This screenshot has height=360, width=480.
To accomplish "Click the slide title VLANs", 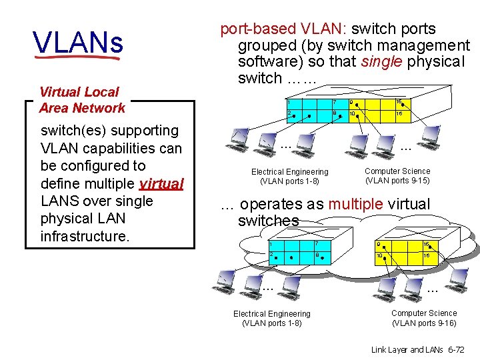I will [78, 43].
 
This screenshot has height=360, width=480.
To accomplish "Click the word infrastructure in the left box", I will [84, 236].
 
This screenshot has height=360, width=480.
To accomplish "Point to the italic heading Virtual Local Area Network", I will [81, 100].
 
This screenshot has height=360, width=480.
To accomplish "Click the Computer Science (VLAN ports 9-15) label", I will [397, 176].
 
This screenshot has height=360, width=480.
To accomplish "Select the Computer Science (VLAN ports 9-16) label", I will [424, 318].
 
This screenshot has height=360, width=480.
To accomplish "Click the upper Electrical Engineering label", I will [289, 177].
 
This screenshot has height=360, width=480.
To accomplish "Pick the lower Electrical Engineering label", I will [271, 319].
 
